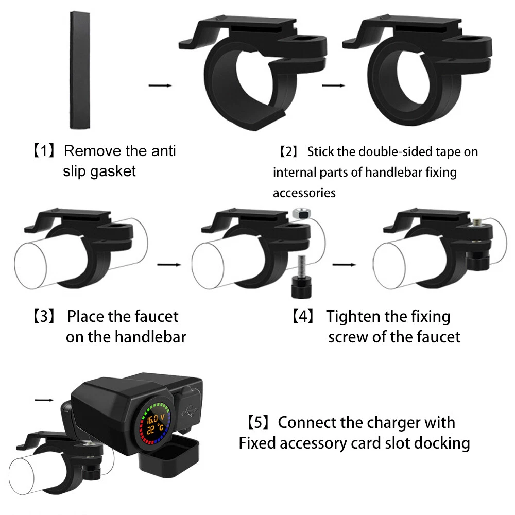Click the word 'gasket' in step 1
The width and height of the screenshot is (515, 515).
point(111,170)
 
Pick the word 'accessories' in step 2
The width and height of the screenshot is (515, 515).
point(304,193)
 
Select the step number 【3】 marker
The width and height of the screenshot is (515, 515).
point(44,316)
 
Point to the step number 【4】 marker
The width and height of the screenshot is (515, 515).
point(303,316)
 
